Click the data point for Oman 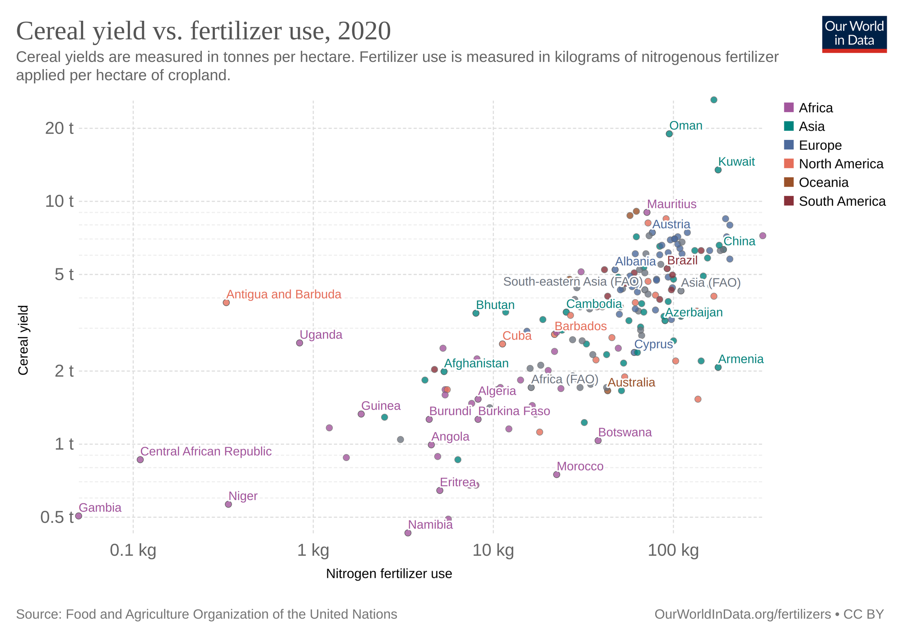point(669,134)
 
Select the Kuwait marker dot point(718,170)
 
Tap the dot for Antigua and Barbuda point(226,303)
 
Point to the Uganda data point point(299,343)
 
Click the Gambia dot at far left point(79,516)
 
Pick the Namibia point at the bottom point(408,533)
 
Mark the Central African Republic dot point(140,460)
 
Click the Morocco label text point(580,466)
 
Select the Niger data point point(228,504)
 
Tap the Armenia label point(741,359)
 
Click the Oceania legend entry point(823,182)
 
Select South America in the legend point(842,201)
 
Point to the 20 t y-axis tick point(59,129)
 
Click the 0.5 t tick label point(57,517)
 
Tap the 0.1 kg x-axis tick point(133,550)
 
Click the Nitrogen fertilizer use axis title point(389,574)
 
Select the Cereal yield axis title point(23,340)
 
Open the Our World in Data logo point(854,34)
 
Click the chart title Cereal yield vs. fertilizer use point(203,32)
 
